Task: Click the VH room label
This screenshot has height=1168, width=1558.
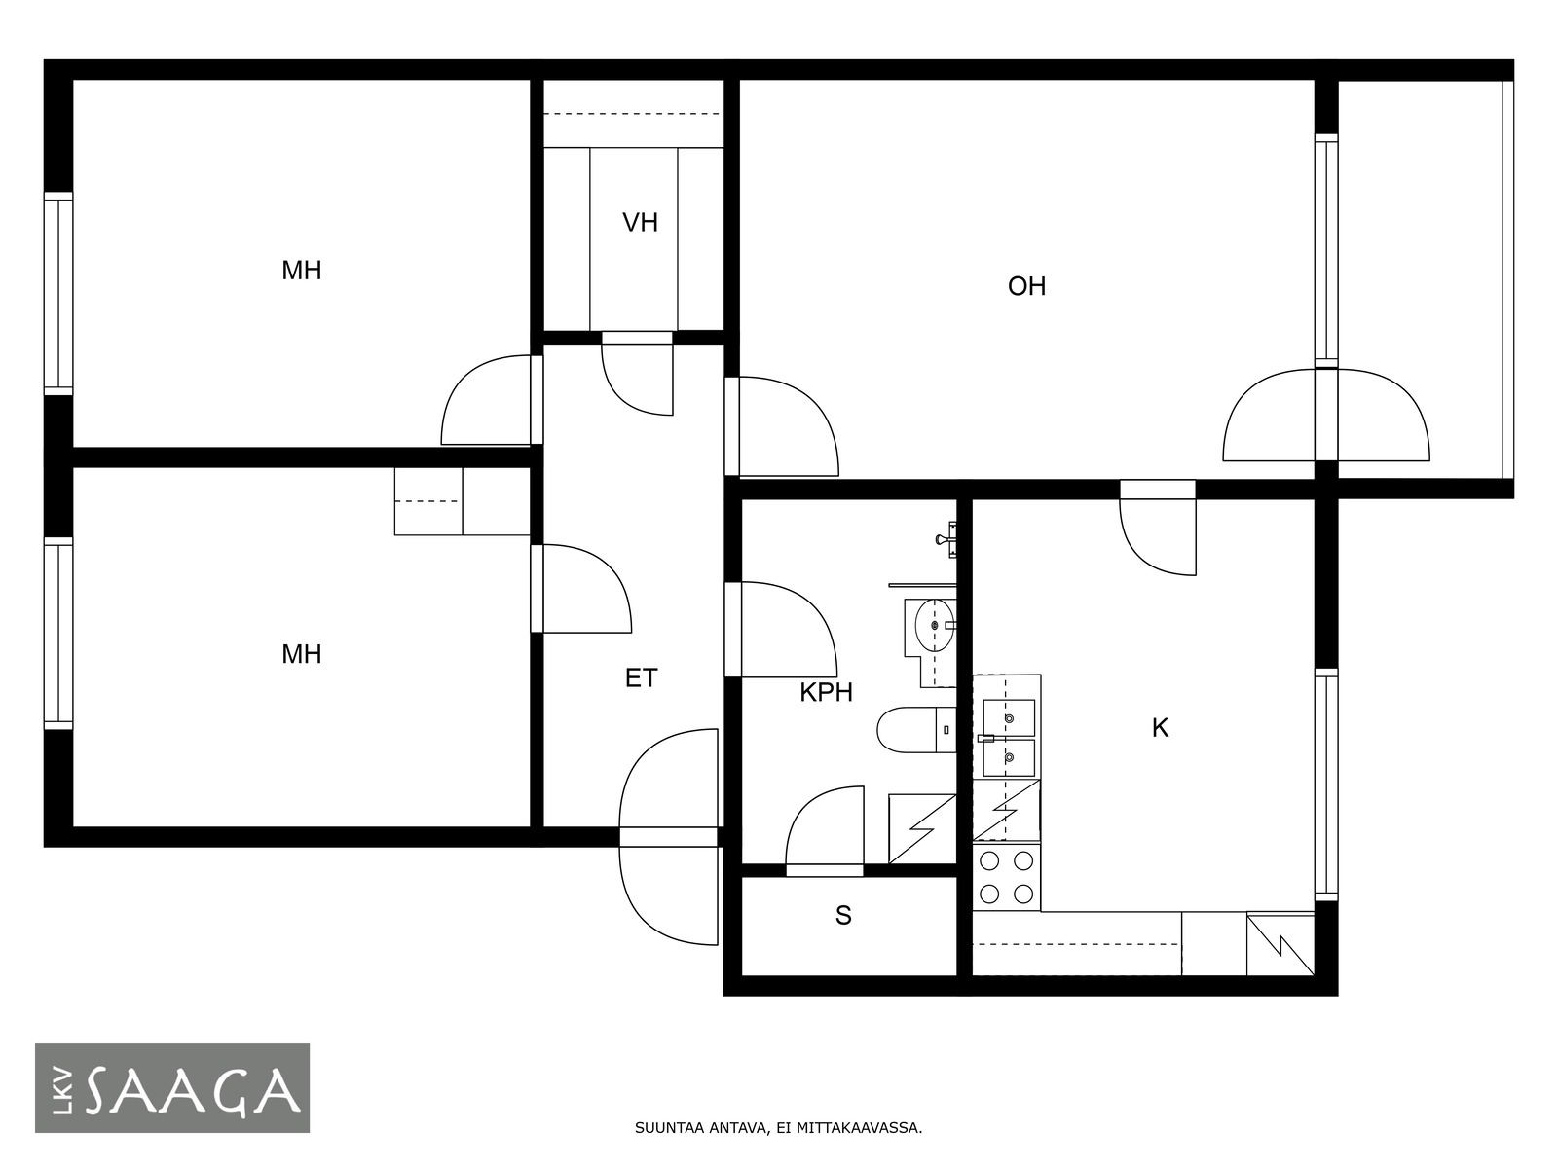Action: [640, 223]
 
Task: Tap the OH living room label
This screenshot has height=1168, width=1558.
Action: [1026, 286]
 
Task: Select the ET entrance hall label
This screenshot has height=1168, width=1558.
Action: [641, 678]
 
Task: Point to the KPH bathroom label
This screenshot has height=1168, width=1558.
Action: [826, 693]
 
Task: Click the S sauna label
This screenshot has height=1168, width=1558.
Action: [843, 916]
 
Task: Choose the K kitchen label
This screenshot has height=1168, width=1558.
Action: [1160, 728]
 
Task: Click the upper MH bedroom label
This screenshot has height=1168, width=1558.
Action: [302, 271]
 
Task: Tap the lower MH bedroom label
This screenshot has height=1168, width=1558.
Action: [302, 654]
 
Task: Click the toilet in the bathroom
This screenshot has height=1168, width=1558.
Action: [916, 729]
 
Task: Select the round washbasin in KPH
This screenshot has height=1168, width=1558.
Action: [934, 625]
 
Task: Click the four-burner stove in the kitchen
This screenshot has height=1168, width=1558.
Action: [1006, 877]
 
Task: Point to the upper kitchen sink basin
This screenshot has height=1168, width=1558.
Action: [1009, 717]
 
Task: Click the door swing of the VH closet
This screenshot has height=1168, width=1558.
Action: [637, 380]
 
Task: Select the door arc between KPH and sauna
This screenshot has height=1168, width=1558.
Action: [824, 824]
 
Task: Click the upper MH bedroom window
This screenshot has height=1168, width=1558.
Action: [58, 293]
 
